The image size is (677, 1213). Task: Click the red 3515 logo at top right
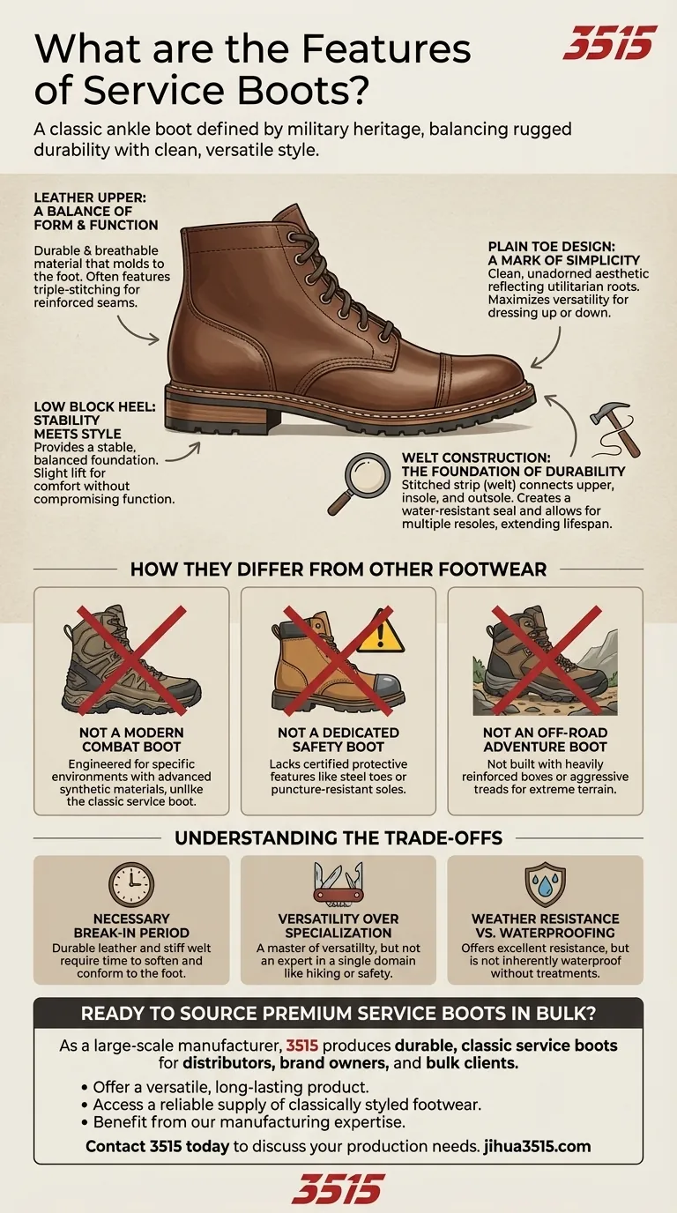click(x=610, y=43)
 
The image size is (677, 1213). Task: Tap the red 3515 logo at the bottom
click(x=338, y=1189)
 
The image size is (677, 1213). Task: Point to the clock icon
click(x=131, y=885)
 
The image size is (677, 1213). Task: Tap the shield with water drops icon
click(x=546, y=885)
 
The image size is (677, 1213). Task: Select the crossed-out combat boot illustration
click(x=131, y=659)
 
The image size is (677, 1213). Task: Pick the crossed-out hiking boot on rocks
click(x=546, y=659)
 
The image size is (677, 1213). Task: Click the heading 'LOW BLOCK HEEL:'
click(x=95, y=406)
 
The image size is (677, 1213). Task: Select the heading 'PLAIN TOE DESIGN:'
click(x=551, y=247)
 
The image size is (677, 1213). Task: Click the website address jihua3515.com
click(x=537, y=1146)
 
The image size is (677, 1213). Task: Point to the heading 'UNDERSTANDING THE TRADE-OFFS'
click(x=338, y=837)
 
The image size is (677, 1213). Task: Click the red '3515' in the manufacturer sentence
click(x=301, y=1046)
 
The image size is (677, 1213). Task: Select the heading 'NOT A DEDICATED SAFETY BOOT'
click(x=338, y=739)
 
